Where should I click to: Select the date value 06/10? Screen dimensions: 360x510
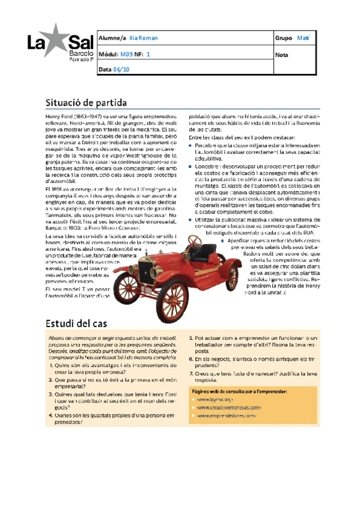pyautogui.click(x=121, y=70)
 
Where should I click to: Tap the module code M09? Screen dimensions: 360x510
pyautogui.click(x=126, y=54)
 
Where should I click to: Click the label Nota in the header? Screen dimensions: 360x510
pyautogui.click(x=281, y=54)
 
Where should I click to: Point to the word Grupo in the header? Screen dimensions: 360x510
pyautogui.click(x=283, y=38)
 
